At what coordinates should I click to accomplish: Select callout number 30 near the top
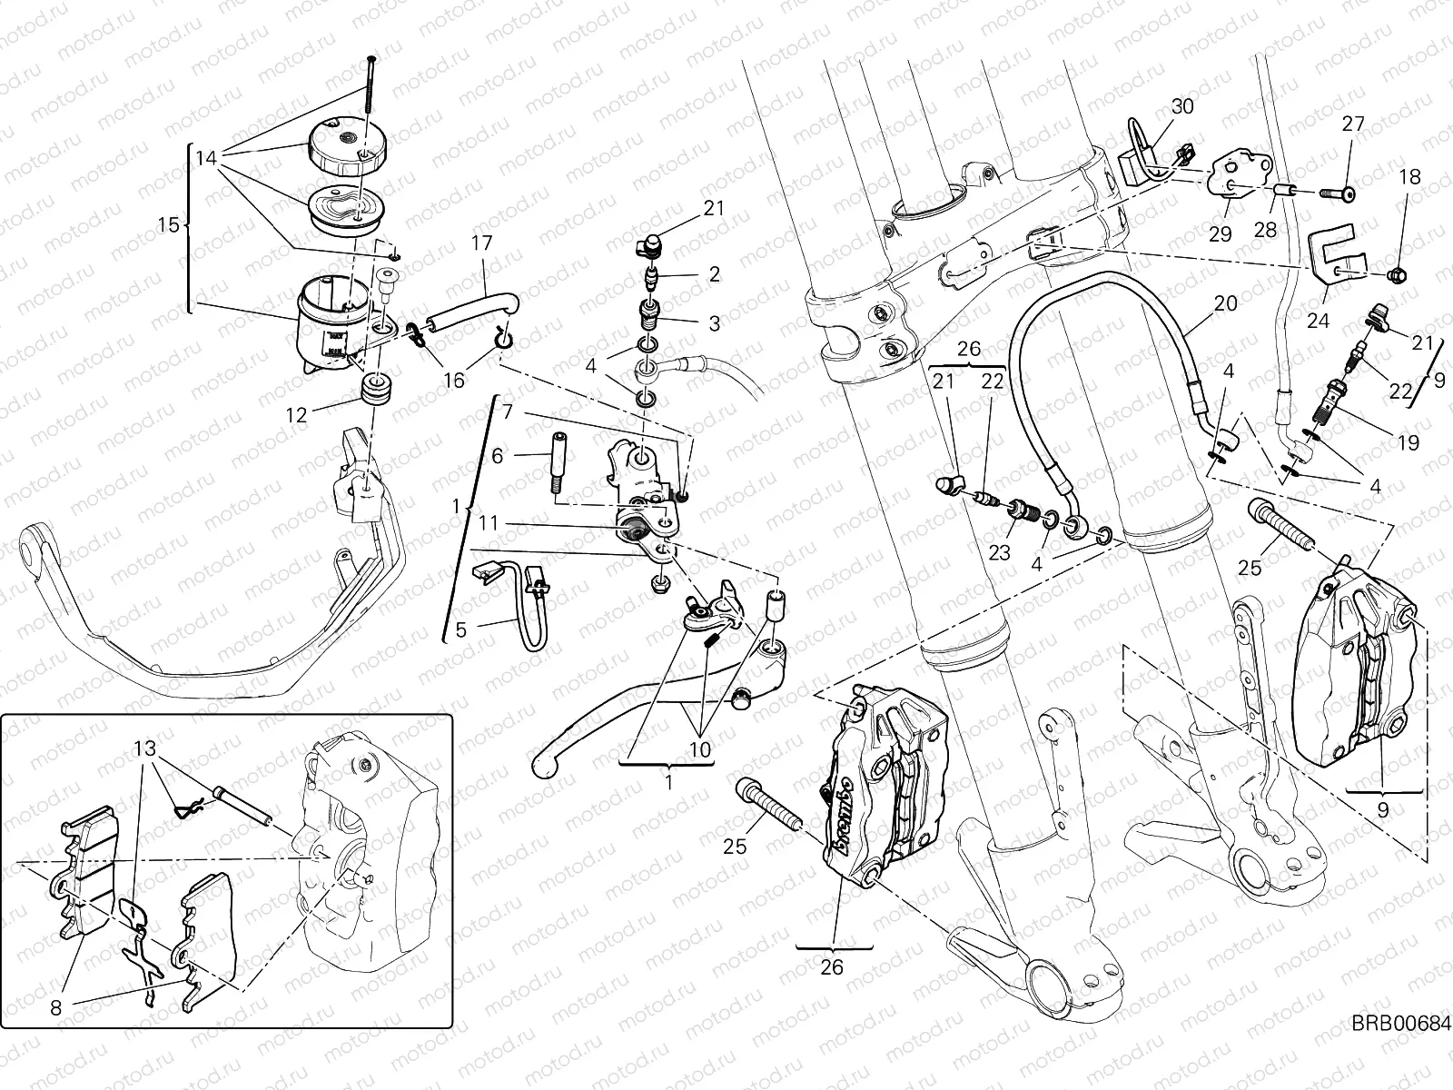[x=1181, y=106]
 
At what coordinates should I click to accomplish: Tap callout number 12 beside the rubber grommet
[x=297, y=415]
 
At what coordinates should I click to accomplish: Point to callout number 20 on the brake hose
[x=1225, y=304]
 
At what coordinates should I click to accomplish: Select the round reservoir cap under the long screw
[x=350, y=145]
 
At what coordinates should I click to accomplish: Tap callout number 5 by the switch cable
[x=460, y=629]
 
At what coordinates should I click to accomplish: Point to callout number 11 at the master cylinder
[x=488, y=524]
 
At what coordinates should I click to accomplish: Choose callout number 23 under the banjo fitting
[x=999, y=552]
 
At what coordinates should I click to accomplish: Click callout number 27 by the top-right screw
[x=1353, y=124]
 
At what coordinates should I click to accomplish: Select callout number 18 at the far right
[x=1409, y=177]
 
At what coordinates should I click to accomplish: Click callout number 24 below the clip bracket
[x=1318, y=321]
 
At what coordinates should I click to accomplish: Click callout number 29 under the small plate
[x=1220, y=234]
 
